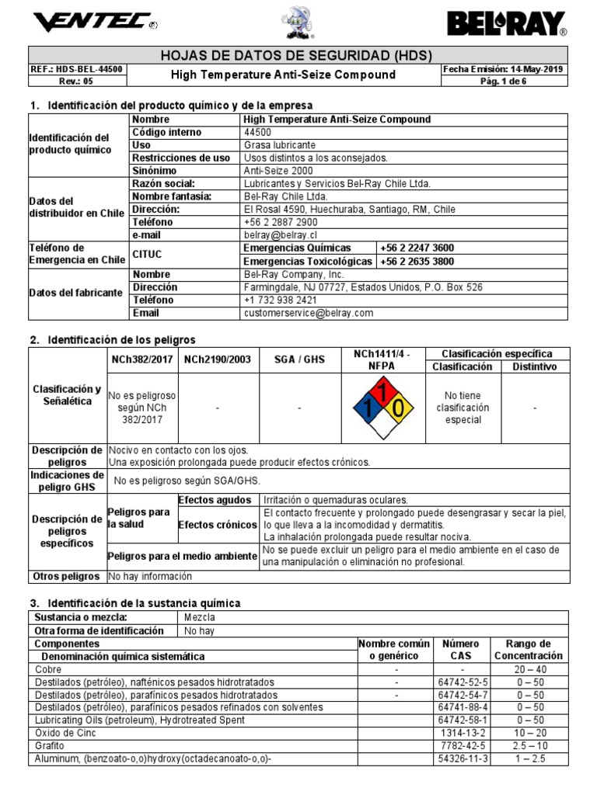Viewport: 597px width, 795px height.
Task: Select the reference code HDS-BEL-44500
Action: (x=78, y=69)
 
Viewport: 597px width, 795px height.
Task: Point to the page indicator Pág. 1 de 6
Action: (x=504, y=81)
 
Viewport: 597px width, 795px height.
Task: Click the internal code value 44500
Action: (x=259, y=133)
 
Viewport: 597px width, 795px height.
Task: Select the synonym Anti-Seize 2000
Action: (x=278, y=171)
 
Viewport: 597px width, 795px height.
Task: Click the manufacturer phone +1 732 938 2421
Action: (x=280, y=300)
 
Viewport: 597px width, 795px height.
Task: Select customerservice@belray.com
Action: (x=298, y=313)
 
